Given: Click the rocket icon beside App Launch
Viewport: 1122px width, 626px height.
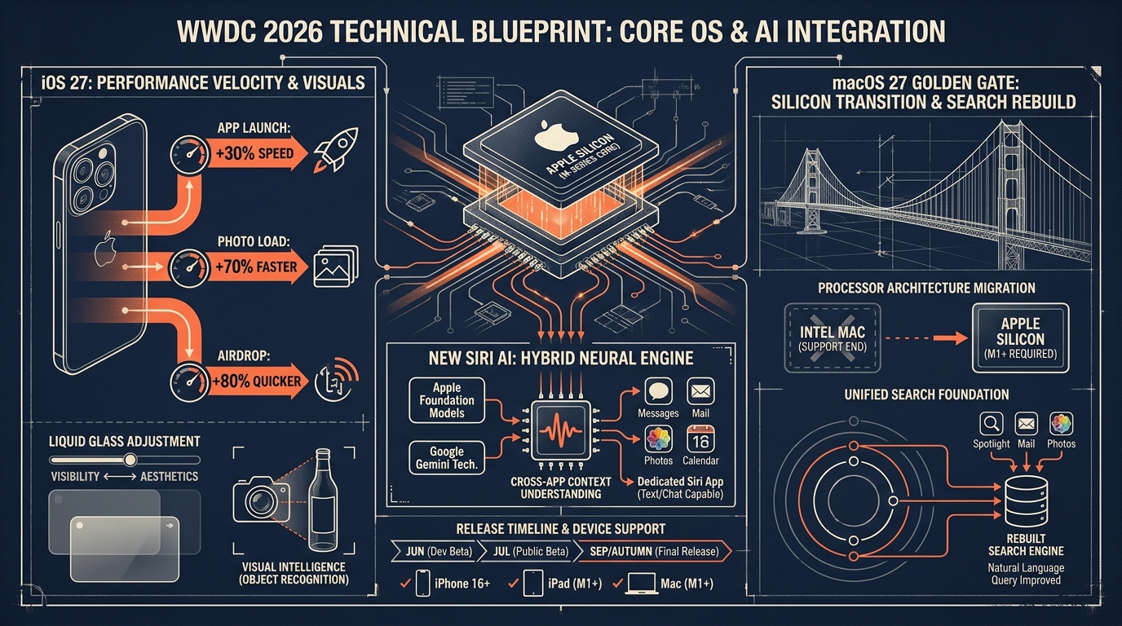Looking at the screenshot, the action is tap(336, 149).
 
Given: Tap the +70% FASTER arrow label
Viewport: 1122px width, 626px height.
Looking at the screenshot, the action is tap(255, 267).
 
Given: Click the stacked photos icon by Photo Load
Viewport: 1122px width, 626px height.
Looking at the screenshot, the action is tap(336, 266).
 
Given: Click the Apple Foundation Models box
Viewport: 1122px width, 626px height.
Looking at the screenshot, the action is tap(447, 400).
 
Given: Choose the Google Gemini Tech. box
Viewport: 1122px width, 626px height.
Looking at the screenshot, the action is tap(447, 458).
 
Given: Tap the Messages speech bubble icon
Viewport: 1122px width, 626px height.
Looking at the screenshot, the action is tap(658, 391).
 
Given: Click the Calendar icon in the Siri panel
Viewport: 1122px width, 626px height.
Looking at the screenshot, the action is tap(700, 439).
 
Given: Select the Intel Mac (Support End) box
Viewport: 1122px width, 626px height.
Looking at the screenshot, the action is tap(833, 338).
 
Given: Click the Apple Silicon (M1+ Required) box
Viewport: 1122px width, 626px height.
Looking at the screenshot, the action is tap(1020, 338).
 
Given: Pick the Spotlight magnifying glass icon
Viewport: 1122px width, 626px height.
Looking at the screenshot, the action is tap(992, 424).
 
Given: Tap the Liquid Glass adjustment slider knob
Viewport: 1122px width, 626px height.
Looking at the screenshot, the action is tap(130, 459).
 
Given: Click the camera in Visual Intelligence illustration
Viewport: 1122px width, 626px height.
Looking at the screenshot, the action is tap(260, 499).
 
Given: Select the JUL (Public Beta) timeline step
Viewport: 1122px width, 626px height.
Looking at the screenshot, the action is tap(530, 551).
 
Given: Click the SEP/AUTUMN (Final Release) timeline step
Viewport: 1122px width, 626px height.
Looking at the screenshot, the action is tap(653, 551).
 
